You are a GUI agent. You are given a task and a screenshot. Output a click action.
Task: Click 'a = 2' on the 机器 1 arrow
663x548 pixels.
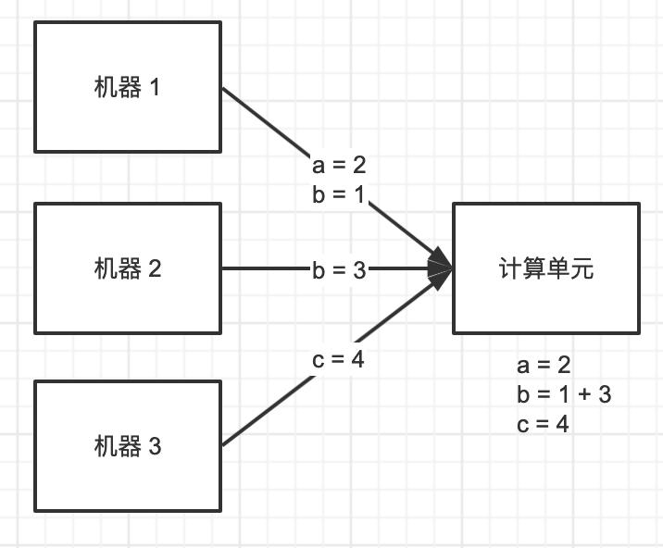(x=339, y=165)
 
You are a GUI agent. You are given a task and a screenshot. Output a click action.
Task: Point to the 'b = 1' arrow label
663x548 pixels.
(x=339, y=195)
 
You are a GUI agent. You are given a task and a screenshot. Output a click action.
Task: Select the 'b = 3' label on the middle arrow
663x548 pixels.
(x=339, y=269)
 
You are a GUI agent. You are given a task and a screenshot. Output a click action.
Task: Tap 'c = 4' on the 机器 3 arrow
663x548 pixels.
(x=338, y=359)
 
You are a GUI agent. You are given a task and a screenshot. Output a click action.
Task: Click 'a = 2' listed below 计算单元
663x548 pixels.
(x=544, y=366)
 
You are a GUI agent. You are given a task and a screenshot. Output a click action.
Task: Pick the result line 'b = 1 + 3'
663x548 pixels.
(x=564, y=394)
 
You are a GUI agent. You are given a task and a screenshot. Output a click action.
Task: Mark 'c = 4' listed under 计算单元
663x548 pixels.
(x=543, y=424)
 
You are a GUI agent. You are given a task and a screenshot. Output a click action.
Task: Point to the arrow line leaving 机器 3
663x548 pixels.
(x=269, y=413)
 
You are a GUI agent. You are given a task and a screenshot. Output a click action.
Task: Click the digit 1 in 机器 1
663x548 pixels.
(x=154, y=88)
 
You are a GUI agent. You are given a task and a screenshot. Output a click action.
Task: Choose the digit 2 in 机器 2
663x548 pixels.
(x=154, y=269)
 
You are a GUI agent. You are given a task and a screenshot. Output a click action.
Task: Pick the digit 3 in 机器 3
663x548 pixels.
(x=154, y=447)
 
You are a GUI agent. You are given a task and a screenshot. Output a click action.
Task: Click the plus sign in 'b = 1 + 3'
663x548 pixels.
(x=583, y=395)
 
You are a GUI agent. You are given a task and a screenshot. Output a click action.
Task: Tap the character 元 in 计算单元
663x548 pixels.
(x=582, y=269)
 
